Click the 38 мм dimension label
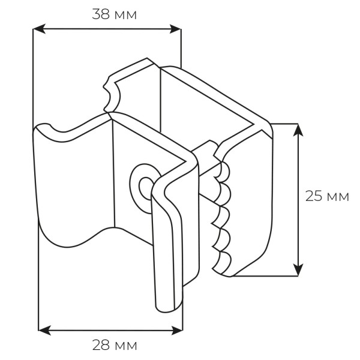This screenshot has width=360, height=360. coord(115,14)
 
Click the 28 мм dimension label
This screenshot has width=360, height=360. coord(115,345)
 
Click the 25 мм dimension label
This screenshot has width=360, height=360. coord(327,196)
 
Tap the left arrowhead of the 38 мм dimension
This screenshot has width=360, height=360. coord(39,29)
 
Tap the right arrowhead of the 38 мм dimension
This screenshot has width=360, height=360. coord(175,29)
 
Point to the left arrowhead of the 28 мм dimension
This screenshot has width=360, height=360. coord(44,331)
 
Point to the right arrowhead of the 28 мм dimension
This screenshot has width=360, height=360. coord(177,331)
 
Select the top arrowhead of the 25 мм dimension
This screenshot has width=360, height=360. coord(298,130)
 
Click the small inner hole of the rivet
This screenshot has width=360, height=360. coord(146,188)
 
